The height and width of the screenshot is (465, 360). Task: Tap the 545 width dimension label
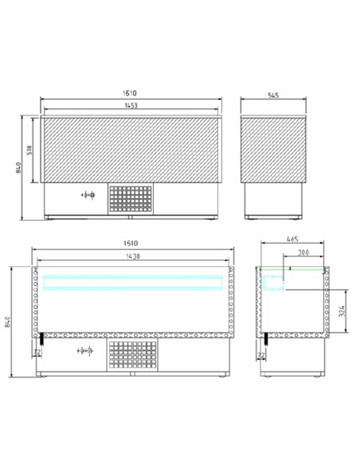click(x=274, y=97)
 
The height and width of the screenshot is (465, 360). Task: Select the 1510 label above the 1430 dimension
click(x=133, y=243)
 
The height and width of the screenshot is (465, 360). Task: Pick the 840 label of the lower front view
click(x=9, y=320)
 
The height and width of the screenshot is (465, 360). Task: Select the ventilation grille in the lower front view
click(x=133, y=355)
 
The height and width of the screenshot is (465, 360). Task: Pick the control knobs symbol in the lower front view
click(x=84, y=350)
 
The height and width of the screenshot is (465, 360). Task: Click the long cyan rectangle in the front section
click(x=133, y=281)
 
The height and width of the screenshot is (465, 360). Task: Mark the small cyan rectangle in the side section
click(x=274, y=281)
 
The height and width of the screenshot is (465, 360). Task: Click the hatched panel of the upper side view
click(x=274, y=151)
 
